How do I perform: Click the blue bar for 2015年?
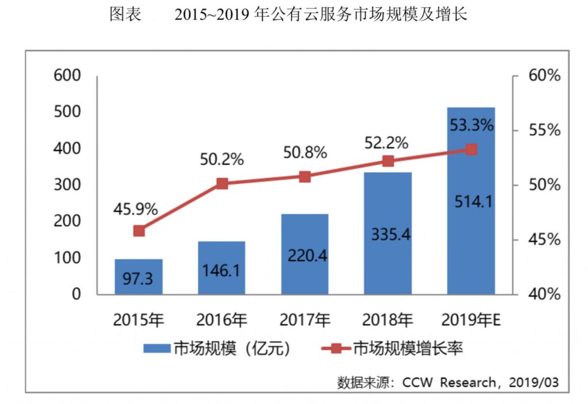(x=138, y=276)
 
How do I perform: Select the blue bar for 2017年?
(x=304, y=254)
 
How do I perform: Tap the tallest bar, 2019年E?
(x=470, y=201)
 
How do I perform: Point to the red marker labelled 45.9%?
(x=139, y=231)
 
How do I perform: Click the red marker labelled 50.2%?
(x=222, y=184)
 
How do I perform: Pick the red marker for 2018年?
(x=388, y=161)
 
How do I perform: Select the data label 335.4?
(x=388, y=234)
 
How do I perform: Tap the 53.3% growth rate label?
(x=471, y=124)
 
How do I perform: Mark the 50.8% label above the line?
(x=305, y=153)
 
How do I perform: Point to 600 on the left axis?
(x=67, y=76)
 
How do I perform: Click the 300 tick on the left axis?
(x=67, y=185)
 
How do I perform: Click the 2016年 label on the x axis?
(x=222, y=320)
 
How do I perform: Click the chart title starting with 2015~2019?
(x=321, y=15)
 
